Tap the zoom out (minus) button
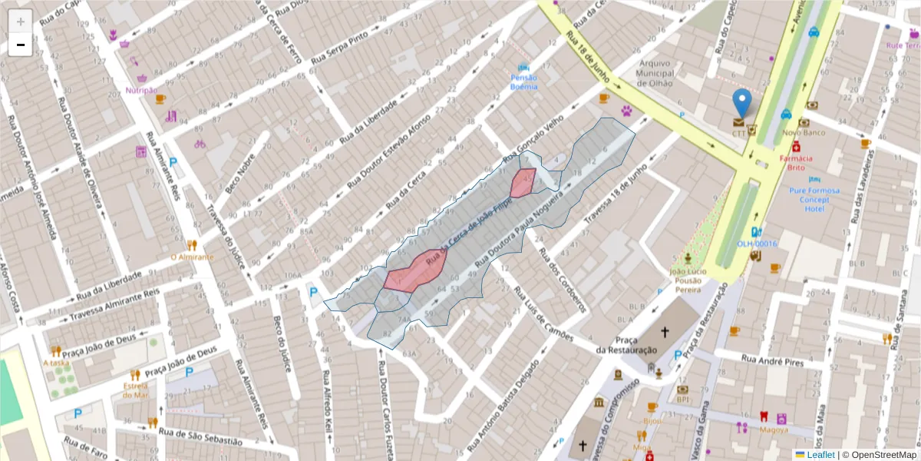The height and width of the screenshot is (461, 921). tap(21, 45)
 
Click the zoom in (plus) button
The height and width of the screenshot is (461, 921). tap(21, 22)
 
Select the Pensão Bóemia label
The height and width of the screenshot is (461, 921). tap(524, 81)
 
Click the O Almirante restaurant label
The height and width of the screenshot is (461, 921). tap(192, 257)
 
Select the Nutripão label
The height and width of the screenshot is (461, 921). tap(141, 90)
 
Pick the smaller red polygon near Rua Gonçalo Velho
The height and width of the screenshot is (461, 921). tap(523, 183)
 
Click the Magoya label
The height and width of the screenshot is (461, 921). tap(763, 430)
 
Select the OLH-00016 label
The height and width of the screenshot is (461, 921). tap(757, 244)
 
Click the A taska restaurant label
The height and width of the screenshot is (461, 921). tap(56, 363)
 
